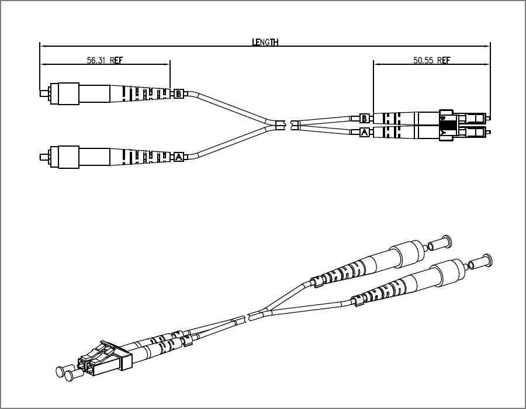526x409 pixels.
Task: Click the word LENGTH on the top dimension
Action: pyautogui.click(x=265, y=42)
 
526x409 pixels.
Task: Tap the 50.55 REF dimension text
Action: pyautogui.click(x=431, y=60)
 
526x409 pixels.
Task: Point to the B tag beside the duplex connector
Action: pyautogui.click(x=365, y=119)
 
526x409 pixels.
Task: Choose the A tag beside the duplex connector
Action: pyautogui.click(x=365, y=133)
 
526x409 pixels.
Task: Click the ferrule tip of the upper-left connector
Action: pyautogui.click(x=42, y=93)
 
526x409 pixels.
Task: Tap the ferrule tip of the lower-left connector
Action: pyautogui.click(x=42, y=157)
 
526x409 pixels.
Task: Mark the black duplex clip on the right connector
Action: pyautogui.click(x=447, y=125)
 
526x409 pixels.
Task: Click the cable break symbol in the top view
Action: pyautogui.click(x=287, y=124)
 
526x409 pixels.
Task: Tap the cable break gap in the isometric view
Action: pyautogui.click(x=245, y=318)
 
